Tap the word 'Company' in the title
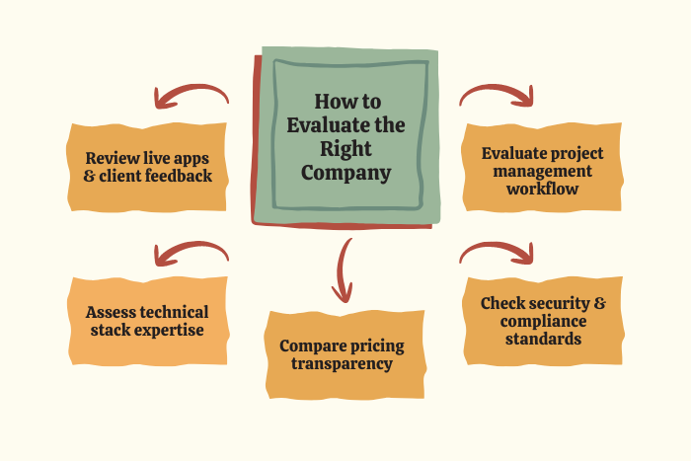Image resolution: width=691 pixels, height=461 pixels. click(x=345, y=173)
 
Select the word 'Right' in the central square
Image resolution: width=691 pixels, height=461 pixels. click(x=345, y=149)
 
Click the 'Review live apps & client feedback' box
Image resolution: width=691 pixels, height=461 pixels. click(x=147, y=167)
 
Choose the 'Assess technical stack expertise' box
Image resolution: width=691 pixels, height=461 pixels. click(x=148, y=321)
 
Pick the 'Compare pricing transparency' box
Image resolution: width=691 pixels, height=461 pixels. click(x=345, y=354)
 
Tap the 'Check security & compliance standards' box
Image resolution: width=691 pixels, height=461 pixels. click(x=543, y=321)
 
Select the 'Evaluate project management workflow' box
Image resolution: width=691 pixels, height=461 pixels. click(x=542, y=167)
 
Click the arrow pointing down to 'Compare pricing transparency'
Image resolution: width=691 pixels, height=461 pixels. click(x=342, y=269)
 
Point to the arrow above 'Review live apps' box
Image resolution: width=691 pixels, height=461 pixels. click(x=192, y=95)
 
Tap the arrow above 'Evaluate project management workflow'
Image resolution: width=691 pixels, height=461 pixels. click(x=497, y=95)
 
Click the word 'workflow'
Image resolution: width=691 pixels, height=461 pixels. click(x=543, y=189)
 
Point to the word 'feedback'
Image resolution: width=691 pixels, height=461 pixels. click(x=179, y=176)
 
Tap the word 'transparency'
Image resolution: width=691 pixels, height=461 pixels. click(x=342, y=364)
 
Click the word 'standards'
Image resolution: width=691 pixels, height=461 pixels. click(x=543, y=339)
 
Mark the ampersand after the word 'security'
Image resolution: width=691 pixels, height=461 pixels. click(x=600, y=303)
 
